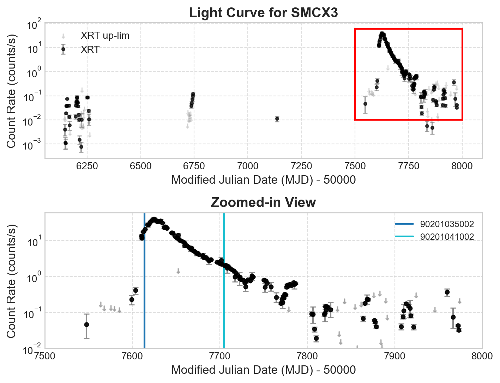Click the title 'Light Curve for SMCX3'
(263, 13)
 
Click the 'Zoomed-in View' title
(263, 203)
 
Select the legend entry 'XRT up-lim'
(105, 36)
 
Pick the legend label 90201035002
(447, 224)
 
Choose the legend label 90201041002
(447, 237)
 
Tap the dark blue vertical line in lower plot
(144, 282)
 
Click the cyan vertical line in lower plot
(224, 282)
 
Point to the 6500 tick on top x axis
(141, 166)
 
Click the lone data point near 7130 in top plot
(277, 119)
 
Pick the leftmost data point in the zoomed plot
(86, 324)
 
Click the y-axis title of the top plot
(12, 91)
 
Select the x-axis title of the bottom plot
(263, 370)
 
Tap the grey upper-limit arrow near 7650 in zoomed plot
(179, 271)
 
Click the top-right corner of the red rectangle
(462, 29)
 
